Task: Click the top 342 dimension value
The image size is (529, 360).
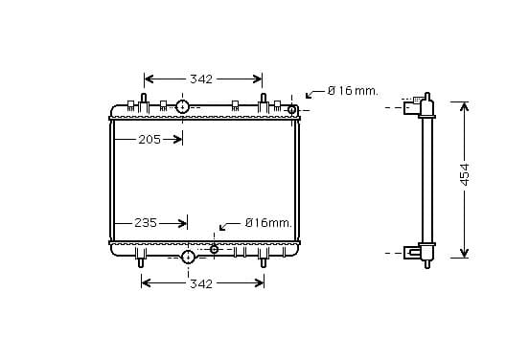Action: tap(201, 79)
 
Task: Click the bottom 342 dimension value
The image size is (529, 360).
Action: tap(201, 283)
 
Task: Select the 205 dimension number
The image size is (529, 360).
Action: tap(149, 139)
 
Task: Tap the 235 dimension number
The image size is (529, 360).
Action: tap(146, 223)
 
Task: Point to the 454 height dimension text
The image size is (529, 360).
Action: tap(465, 174)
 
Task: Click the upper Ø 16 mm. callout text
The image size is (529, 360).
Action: tap(353, 91)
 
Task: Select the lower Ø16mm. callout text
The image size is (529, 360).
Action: tap(268, 223)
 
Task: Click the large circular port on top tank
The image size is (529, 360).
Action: tap(182, 106)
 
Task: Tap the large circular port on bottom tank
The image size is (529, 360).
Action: tap(188, 258)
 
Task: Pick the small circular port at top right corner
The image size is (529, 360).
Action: tap(291, 109)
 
